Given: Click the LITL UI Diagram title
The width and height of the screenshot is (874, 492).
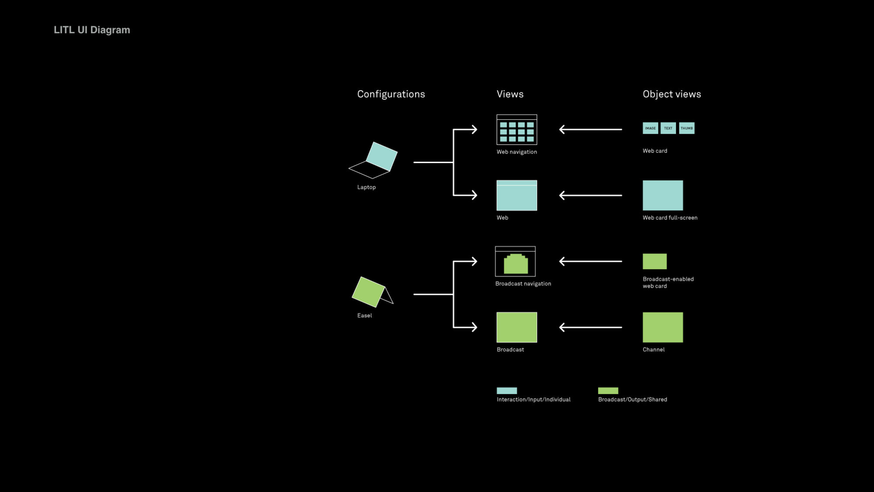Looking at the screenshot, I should pyautogui.click(x=92, y=30).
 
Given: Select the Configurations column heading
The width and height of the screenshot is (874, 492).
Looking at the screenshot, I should pyautogui.click(x=391, y=94).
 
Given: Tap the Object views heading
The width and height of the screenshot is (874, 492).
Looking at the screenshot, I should pyautogui.click(x=672, y=94).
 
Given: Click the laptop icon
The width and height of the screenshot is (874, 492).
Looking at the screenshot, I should pyautogui.click(x=374, y=160).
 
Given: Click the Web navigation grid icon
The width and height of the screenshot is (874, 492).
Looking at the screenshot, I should pyautogui.click(x=517, y=130).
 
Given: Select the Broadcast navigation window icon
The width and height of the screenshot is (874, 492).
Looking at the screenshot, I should pyautogui.click(x=515, y=262).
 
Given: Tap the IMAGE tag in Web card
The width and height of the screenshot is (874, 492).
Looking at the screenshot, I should pyautogui.click(x=650, y=128).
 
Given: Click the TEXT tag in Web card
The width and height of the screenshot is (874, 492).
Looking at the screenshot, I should pyautogui.click(x=668, y=128).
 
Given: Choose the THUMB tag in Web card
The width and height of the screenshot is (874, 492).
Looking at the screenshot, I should pyautogui.click(x=687, y=128).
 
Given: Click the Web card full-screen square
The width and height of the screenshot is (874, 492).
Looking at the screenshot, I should pyautogui.click(x=662, y=195).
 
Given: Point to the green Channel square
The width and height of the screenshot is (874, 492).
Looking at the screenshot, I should pyautogui.click(x=662, y=327).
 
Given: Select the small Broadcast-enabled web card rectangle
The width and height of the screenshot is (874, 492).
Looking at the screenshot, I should pyautogui.click(x=655, y=262).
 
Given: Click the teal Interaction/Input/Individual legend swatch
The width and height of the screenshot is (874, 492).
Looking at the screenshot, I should pyautogui.click(x=507, y=391).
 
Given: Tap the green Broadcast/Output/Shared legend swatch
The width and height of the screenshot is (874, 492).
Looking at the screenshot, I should pyautogui.click(x=608, y=391).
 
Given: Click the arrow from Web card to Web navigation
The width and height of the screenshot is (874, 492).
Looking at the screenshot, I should pyautogui.click(x=590, y=129).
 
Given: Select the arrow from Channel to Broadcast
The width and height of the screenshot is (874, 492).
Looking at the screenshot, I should pyautogui.click(x=590, y=327).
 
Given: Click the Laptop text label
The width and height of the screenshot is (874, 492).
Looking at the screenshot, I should pyautogui.click(x=366, y=187).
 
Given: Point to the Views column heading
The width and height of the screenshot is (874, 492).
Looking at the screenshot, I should pyautogui.click(x=510, y=94).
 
